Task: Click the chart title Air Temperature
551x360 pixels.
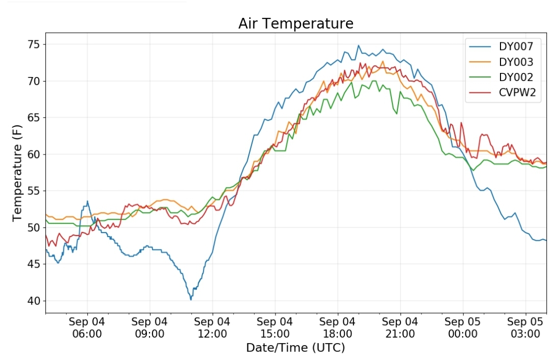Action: (x=295, y=23)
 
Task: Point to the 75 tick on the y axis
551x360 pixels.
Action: (x=34, y=44)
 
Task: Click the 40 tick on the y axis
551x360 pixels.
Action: (x=34, y=301)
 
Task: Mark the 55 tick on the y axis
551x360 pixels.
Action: (x=34, y=191)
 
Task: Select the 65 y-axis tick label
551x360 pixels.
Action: (x=34, y=118)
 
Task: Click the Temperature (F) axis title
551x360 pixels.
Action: (x=17, y=173)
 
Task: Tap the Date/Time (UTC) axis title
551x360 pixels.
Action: (x=295, y=348)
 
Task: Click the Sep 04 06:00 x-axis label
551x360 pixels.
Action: (x=87, y=327)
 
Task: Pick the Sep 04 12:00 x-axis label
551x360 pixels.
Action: (x=212, y=327)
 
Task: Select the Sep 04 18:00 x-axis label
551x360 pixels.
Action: (x=337, y=327)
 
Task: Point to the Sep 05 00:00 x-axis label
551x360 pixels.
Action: (x=462, y=327)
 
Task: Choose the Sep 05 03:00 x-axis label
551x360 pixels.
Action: (x=525, y=327)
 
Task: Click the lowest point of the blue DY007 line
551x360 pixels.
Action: (x=191, y=300)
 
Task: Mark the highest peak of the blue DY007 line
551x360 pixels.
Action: (x=359, y=45)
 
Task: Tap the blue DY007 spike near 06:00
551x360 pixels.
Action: (x=88, y=201)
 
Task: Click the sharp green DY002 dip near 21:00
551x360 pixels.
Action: (x=397, y=113)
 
